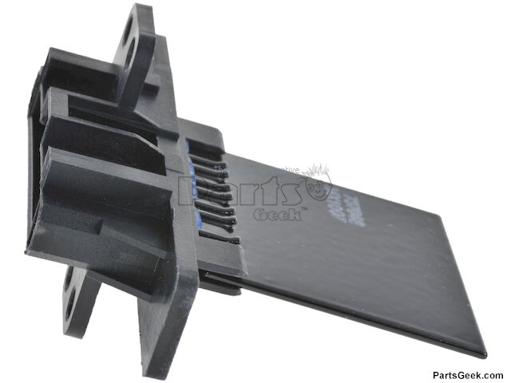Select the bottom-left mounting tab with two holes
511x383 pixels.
pyautogui.click(x=80, y=299)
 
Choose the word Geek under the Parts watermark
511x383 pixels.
pyautogui.click(x=275, y=214)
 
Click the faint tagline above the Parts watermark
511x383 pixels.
pyautogui.click(x=255, y=170)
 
